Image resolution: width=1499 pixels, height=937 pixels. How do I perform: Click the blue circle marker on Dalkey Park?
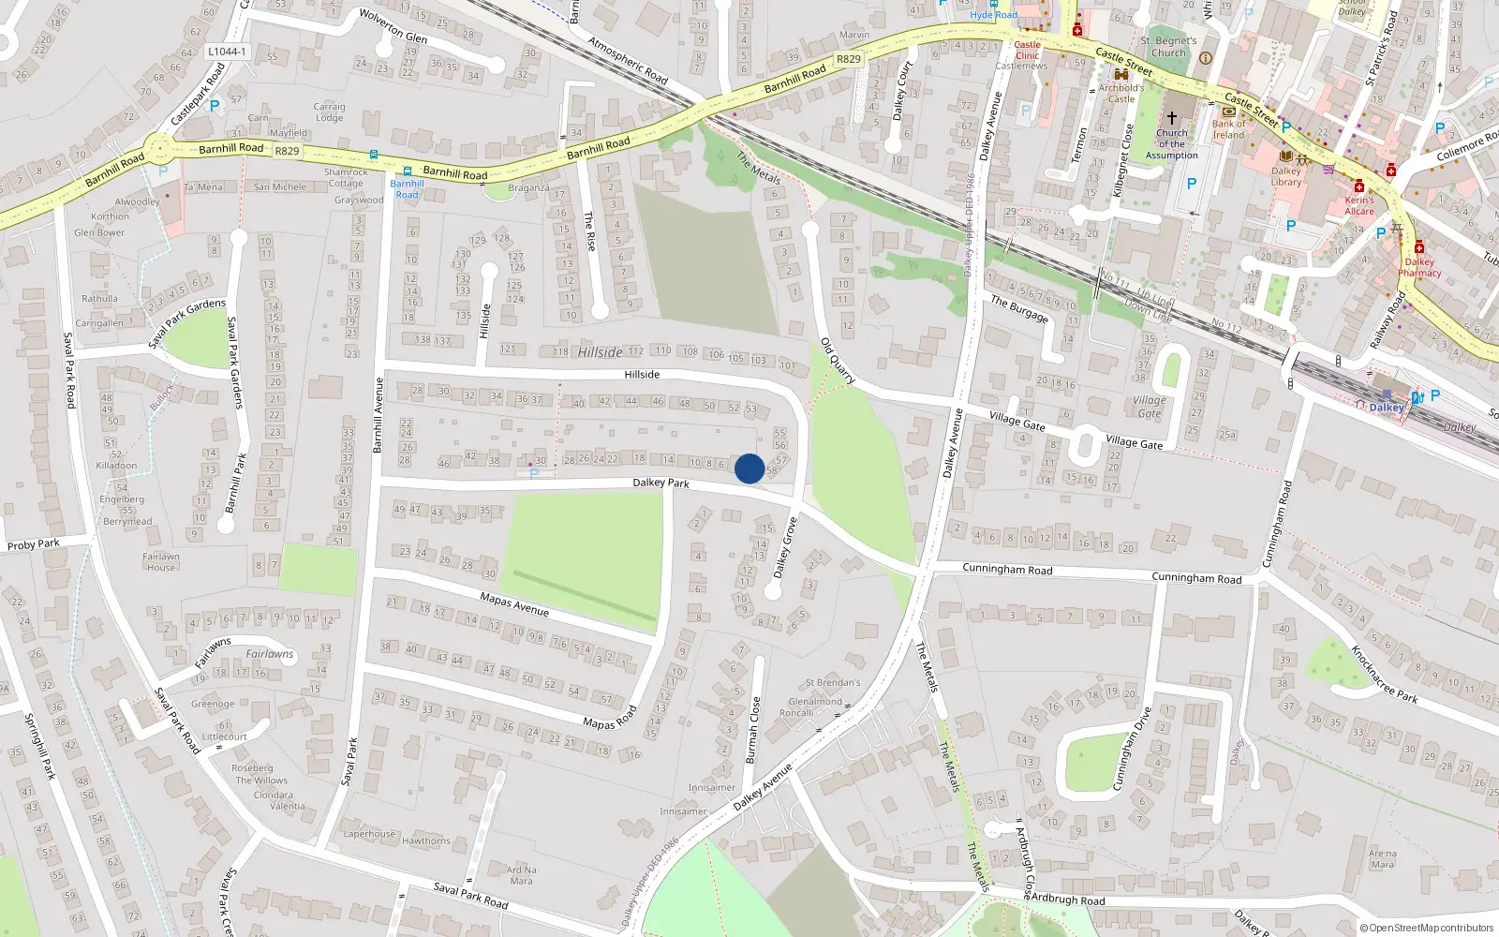coord(749,468)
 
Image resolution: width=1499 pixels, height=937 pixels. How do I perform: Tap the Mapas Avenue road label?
coord(514,604)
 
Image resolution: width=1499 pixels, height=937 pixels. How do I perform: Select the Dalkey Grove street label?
coord(785,548)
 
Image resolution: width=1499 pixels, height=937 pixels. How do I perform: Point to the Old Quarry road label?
coord(838,361)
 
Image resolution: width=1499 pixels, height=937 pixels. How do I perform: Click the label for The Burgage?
coord(1020,308)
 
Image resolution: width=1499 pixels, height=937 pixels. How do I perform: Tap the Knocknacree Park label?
coord(1384,674)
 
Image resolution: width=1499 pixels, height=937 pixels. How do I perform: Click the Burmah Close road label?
coord(752,730)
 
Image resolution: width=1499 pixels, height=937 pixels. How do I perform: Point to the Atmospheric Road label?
coord(628,60)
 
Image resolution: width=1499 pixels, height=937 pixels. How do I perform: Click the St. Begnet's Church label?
coord(1168,47)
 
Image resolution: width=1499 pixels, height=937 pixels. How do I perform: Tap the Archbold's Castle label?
coord(1121,93)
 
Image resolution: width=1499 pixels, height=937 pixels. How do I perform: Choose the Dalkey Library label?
coord(1286,176)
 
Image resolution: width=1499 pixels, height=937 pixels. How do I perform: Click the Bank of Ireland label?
coord(1229,129)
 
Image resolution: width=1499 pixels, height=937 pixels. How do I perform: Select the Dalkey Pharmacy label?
coord(1419,267)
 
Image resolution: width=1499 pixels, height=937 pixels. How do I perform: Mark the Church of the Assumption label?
coord(1171,144)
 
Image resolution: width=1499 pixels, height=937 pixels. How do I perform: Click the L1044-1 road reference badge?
coord(226,52)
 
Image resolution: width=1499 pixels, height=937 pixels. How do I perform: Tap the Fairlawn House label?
coord(161,561)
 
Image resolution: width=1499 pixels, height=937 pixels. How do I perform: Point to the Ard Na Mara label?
coord(521,875)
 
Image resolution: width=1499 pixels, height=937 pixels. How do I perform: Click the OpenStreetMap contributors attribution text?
coord(1431,929)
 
